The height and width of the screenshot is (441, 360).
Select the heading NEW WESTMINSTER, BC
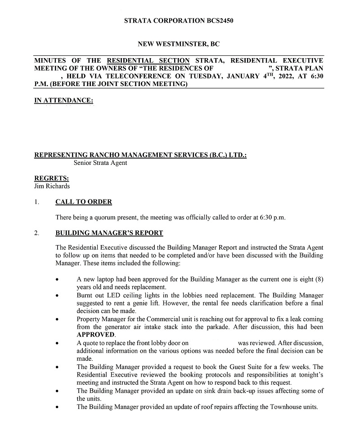coord(179,44)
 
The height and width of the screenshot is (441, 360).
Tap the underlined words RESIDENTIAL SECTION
coord(148,60)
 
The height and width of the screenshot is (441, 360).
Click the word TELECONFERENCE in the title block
coord(140,76)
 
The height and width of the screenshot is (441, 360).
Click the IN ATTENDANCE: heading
coord(63,100)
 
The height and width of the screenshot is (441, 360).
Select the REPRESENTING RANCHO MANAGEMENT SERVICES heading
coord(140,155)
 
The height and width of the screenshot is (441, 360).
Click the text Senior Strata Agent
coord(100,163)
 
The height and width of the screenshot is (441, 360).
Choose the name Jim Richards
coord(52,186)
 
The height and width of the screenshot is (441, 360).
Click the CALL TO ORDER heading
coord(84,202)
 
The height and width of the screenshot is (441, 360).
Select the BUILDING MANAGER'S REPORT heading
coord(109,233)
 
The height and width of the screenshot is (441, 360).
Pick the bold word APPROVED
coord(96,335)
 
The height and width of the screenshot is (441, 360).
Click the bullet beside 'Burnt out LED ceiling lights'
coord(57,295)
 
